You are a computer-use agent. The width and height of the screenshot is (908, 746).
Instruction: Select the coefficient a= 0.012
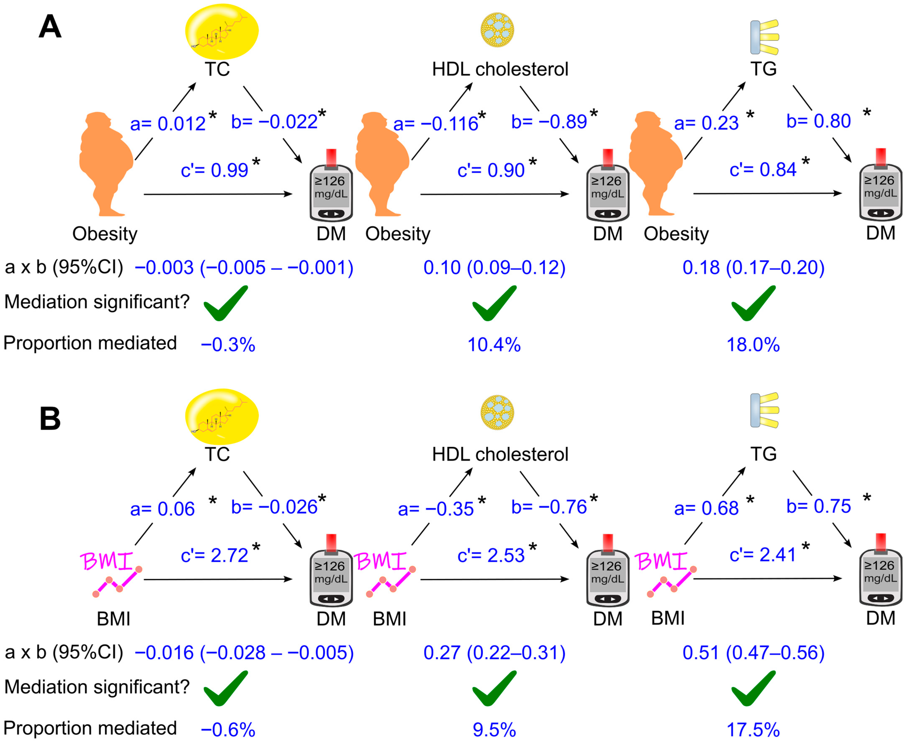point(168,124)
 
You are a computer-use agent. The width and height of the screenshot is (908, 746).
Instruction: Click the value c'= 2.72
point(214,555)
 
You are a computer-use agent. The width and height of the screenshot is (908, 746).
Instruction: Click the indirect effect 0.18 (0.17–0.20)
point(753,268)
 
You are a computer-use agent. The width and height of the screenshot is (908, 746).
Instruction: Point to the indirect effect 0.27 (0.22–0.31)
point(494,653)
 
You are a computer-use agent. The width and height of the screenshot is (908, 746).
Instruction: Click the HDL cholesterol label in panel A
point(500,69)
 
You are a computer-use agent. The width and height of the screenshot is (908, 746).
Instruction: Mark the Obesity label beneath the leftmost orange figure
point(105,234)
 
